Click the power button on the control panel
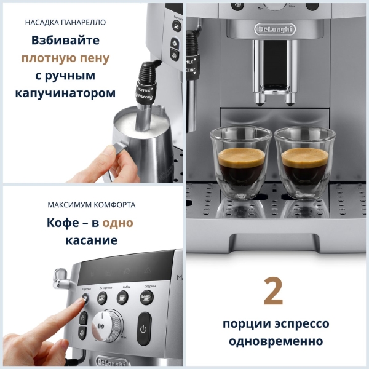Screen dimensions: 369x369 (143, 328)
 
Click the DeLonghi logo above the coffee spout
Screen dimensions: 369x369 (275, 29)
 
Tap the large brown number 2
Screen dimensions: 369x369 (274, 292)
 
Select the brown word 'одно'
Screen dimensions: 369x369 (117, 223)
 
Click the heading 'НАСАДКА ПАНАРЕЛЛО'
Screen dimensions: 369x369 (66, 23)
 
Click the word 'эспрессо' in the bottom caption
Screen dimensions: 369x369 (299, 323)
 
